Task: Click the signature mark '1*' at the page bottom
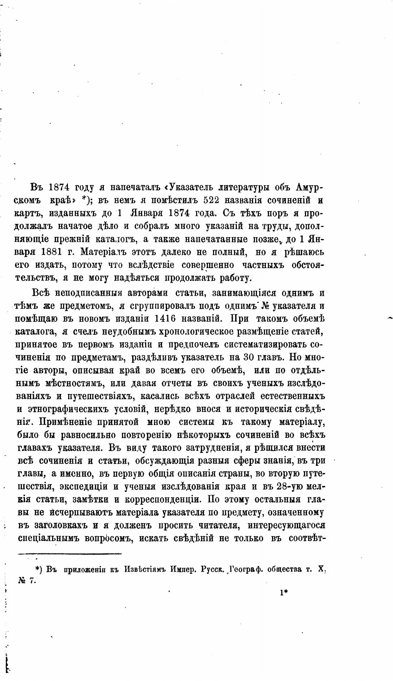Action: (284, 593)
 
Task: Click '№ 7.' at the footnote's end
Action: (27, 581)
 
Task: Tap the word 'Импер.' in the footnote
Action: (183, 570)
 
